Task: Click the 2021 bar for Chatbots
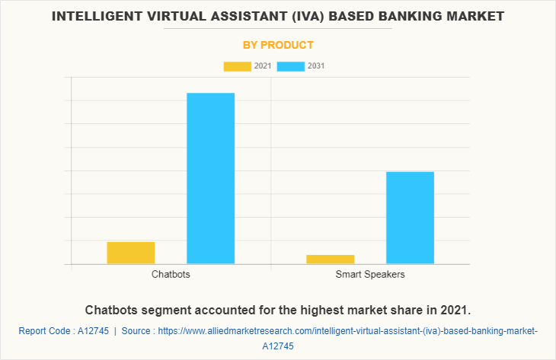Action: pyautogui.click(x=131, y=253)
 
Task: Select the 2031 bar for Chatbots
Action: pyautogui.click(x=211, y=178)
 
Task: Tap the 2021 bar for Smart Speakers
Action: pyautogui.click(x=331, y=260)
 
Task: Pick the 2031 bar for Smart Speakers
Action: pyautogui.click(x=410, y=218)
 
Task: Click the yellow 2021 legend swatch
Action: pyautogui.click(x=237, y=66)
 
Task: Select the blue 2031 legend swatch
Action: pyautogui.click(x=290, y=66)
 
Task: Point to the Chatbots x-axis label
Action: pyautogui.click(x=171, y=274)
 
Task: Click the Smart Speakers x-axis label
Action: pyautogui.click(x=370, y=274)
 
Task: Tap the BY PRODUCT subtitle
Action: pyautogui.click(x=278, y=45)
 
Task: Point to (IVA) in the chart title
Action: pyautogui.click(x=286, y=15)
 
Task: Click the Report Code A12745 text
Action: pyautogui.click(x=63, y=331)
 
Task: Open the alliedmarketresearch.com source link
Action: pyautogui.click(x=347, y=331)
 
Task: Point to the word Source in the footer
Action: pyautogui.click(x=136, y=331)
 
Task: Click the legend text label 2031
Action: pyautogui.click(x=316, y=66)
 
